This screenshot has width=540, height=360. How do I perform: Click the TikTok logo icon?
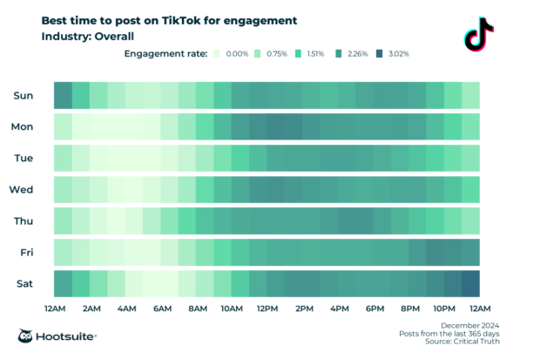(478, 36)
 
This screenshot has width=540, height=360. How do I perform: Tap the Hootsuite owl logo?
(27, 336)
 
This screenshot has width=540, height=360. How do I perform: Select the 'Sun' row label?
(23, 95)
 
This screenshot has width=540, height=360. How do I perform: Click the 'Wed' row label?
(21, 190)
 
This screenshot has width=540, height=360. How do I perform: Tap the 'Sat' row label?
(24, 284)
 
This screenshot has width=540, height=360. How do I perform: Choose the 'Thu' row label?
(23, 221)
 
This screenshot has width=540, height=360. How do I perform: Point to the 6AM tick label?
(161, 309)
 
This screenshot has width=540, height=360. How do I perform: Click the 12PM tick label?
(267, 309)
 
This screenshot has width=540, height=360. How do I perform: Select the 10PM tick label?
(444, 309)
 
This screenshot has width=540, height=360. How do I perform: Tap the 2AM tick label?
(90, 309)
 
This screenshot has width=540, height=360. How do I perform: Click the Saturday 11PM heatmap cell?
(470, 284)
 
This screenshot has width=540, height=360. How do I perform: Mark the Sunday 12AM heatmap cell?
(63, 95)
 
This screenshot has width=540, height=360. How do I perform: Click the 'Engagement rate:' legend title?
(165, 54)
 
